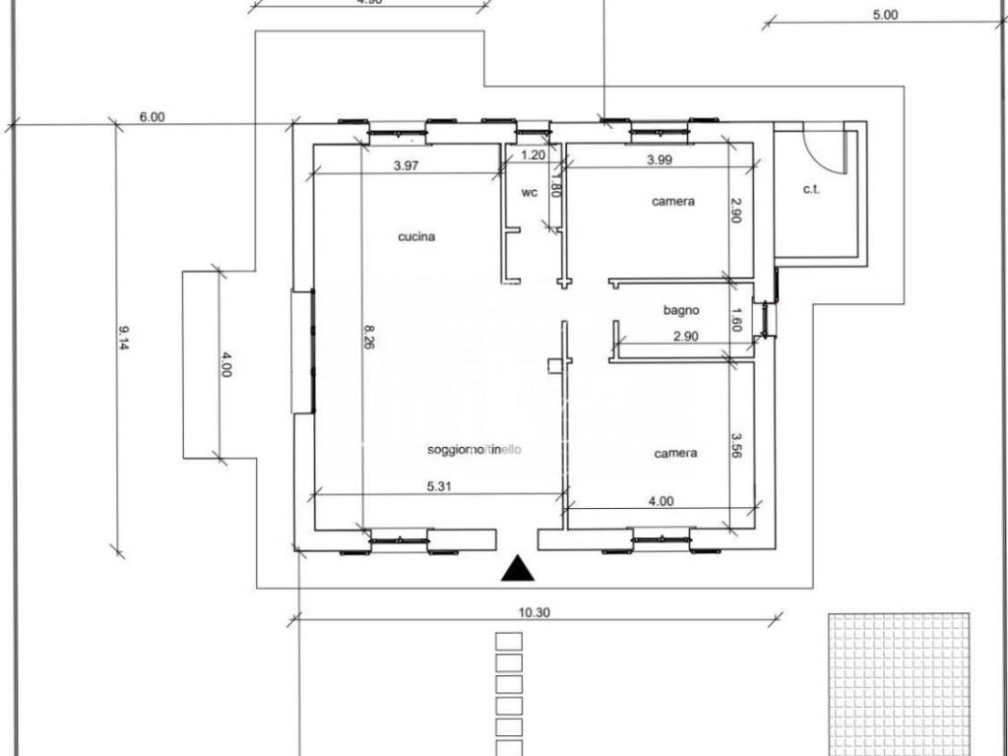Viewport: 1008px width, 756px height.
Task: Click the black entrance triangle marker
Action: (517, 569)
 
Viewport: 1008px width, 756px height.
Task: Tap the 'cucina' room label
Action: (416, 236)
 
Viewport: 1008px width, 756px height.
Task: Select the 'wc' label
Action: (529, 193)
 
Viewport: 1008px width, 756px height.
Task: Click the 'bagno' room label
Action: (680, 310)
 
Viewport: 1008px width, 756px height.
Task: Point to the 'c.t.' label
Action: (812, 189)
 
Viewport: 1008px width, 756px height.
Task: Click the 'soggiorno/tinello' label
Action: (474, 450)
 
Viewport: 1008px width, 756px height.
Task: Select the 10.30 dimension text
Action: (533, 611)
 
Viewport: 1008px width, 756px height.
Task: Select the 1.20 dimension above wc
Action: (533, 155)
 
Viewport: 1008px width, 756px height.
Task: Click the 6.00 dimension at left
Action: (152, 116)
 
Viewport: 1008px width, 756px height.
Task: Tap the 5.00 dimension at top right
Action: (885, 15)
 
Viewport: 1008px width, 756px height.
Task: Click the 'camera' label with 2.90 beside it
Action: (673, 201)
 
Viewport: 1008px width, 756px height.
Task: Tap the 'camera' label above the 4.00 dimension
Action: (675, 454)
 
